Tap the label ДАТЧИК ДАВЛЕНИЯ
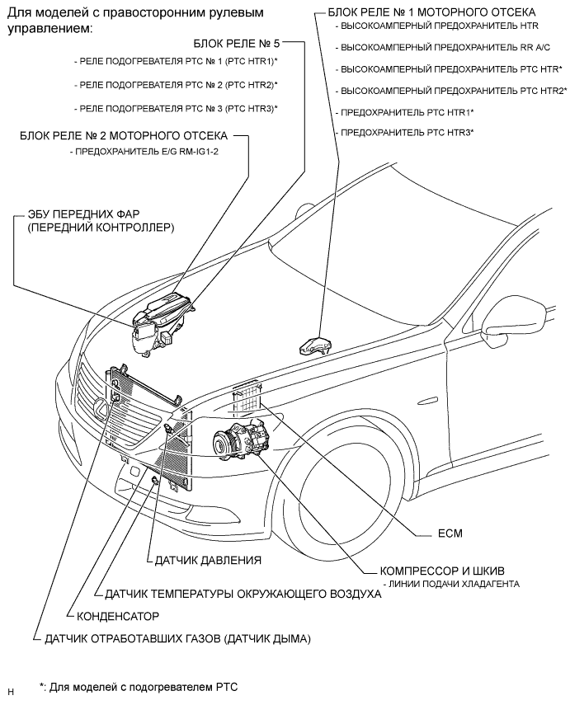pos(208,560)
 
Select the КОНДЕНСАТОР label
pos(118,615)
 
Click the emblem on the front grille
pos(114,398)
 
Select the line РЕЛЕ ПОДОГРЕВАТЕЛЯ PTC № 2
pos(176,85)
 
